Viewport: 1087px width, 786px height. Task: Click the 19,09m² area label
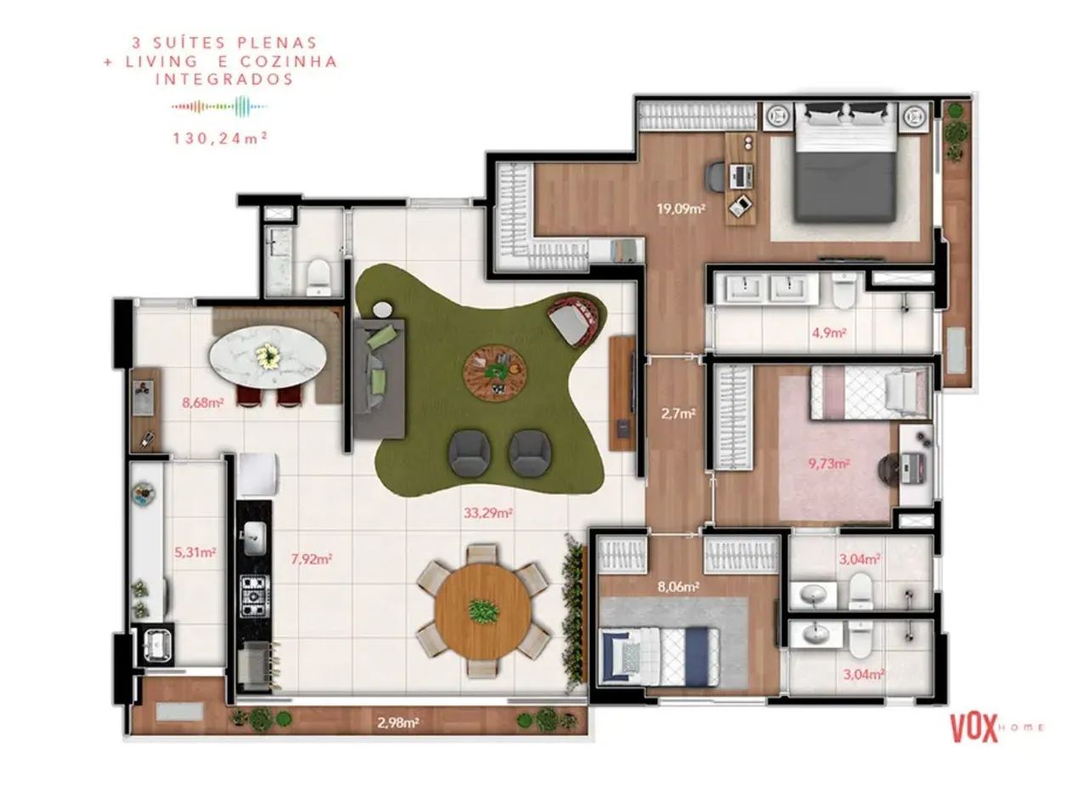coord(681,209)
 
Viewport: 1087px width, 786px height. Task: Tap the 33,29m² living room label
coord(488,513)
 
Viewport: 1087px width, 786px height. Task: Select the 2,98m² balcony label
coord(398,723)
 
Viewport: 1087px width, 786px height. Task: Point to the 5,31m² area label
coord(195,552)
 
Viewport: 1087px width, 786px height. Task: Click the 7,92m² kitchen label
coord(311,559)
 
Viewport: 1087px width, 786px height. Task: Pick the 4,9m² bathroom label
coord(830,333)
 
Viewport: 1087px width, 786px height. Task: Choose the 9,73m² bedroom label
coord(829,463)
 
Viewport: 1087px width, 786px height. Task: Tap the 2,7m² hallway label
coord(678,414)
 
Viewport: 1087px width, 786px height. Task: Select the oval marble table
coord(268,357)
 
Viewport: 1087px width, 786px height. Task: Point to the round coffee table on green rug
coord(494,372)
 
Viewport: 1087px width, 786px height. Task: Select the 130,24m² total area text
coord(221,138)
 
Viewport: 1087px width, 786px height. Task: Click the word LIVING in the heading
coord(158,61)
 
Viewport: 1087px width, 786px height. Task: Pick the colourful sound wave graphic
coord(219,106)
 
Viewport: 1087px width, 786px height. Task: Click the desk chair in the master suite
coord(714,177)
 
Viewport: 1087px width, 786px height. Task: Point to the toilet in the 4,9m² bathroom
coord(844,291)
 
